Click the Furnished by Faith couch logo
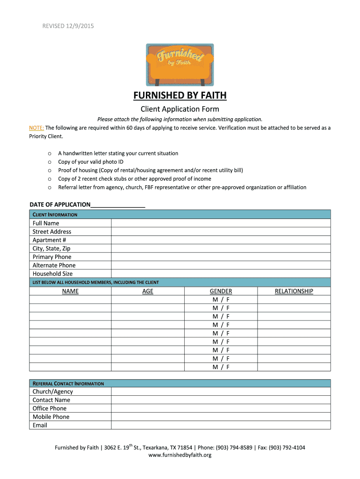[180, 65]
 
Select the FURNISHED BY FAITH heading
[180, 95]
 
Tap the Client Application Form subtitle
[180, 109]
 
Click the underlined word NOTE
[36, 128]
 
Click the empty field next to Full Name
[221, 223]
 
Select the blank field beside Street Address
[221, 232]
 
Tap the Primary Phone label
[52, 257]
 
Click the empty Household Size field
[221, 274]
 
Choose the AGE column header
[148, 291]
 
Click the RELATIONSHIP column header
[294, 291]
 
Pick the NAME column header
[71, 291]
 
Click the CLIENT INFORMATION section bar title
[55, 215]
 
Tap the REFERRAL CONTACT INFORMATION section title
[68, 384]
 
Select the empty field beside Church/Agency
[221, 392]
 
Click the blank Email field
[221, 425]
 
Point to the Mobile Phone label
[51, 417]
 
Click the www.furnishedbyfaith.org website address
[180, 455]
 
